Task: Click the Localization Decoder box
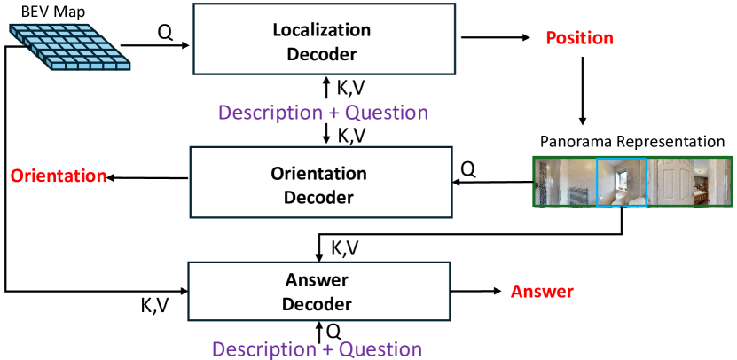[325, 38]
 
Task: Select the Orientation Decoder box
[320, 183]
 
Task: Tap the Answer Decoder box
[319, 292]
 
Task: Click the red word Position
[579, 38]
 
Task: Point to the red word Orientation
[59, 176]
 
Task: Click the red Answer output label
[543, 292]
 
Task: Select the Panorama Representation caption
[632, 142]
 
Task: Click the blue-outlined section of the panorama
[622, 182]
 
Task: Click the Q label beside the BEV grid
[165, 34]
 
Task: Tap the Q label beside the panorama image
[468, 169]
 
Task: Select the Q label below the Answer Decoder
[333, 333]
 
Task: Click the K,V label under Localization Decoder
[350, 88]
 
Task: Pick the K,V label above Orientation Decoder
[351, 135]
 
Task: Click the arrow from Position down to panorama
[583, 91]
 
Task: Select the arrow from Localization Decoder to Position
[496, 38]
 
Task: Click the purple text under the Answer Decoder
[317, 349]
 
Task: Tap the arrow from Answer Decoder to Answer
[476, 292]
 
